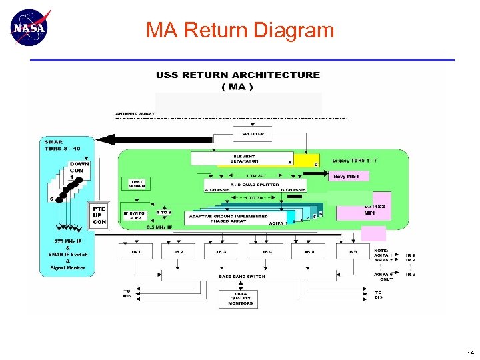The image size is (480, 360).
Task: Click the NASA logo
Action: (31, 27)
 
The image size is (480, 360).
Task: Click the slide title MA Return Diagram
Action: (240, 30)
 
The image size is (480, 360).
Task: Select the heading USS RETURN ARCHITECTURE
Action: (238, 75)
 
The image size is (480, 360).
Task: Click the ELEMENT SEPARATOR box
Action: (243, 159)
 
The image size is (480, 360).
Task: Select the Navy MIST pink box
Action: (347, 176)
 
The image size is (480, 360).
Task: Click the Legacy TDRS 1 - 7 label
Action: (355, 161)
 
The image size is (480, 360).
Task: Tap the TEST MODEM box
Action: (136, 183)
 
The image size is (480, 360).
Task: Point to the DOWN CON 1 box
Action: (79, 170)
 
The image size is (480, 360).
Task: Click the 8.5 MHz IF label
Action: (160, 227)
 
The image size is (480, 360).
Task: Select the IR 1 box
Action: (136, 251)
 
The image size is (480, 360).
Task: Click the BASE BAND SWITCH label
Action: (241, 276)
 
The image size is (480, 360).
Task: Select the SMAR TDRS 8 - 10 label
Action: (63, 145)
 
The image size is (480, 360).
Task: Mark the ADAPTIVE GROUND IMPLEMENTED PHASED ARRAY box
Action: (230, 219)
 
